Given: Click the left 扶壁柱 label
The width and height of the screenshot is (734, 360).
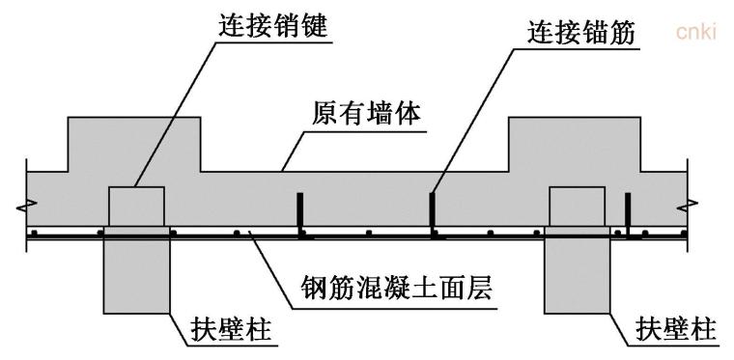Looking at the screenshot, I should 228,331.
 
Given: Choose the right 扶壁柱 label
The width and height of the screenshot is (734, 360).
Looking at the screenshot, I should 676,331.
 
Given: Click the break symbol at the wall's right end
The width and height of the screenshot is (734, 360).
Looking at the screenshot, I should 690,205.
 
